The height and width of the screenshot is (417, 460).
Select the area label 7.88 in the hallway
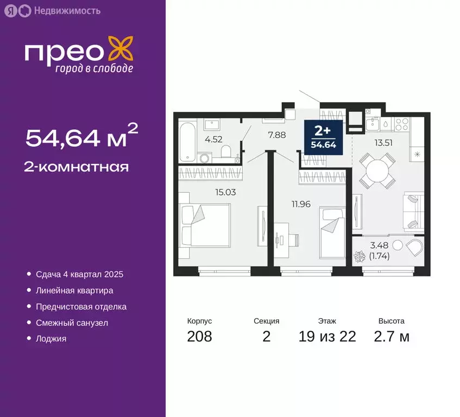[x=277, y=135]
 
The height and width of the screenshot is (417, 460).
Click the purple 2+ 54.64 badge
[x=323, y=138]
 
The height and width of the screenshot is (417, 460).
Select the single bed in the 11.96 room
[x=332, y=233]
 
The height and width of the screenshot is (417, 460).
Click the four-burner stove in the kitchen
[x=401, y=124]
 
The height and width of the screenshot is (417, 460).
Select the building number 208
[x=199, y=337]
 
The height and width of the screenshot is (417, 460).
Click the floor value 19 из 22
[x=327, y=337]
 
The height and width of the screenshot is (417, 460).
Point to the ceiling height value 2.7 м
[x=391, y=337]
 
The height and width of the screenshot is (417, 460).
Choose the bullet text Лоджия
[x=51, y=339]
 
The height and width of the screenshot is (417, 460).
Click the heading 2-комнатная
[x=77, y=167]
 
